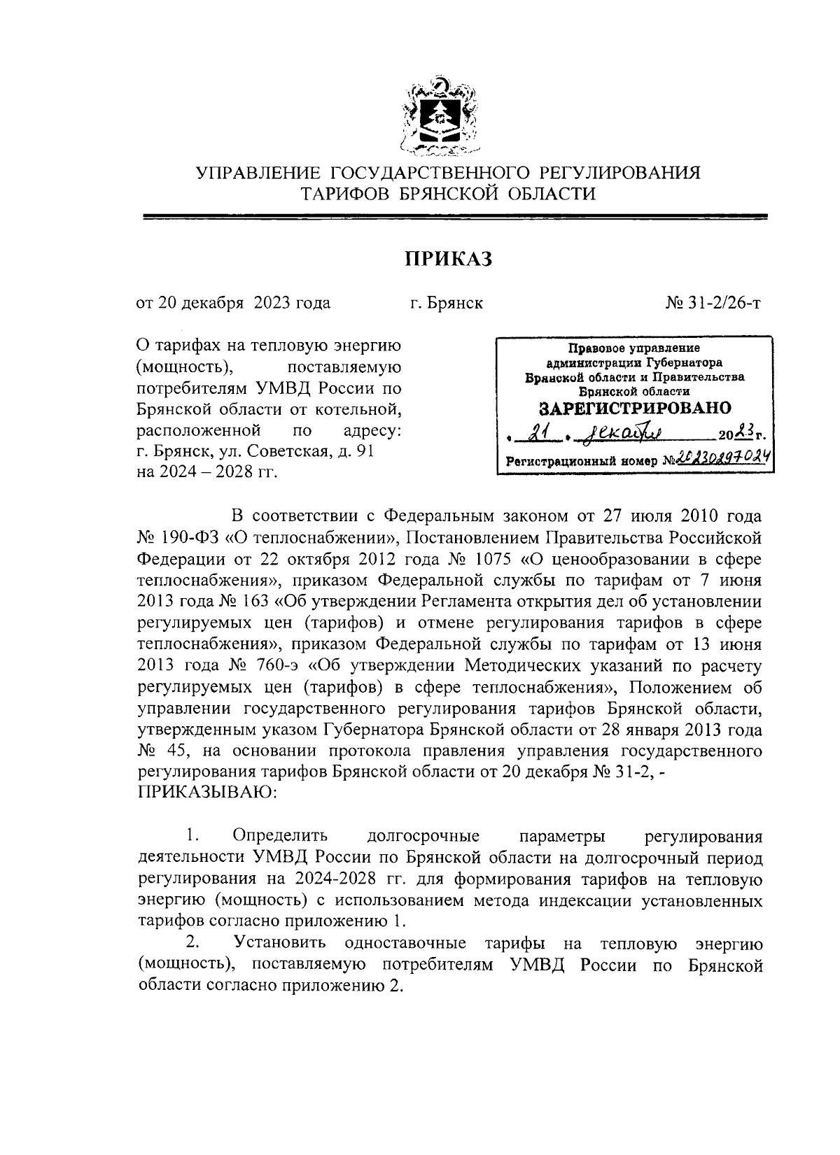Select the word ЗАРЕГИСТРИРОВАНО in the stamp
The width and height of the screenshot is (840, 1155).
[634, 408]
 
